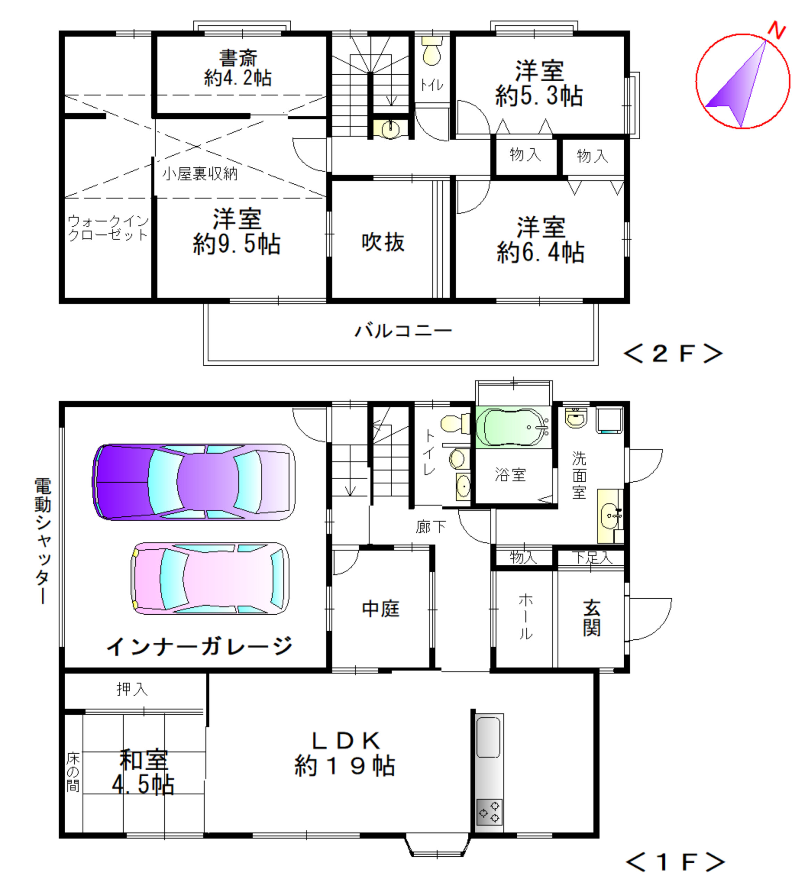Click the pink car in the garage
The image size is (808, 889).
coord(210,578)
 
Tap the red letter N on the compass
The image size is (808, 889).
coord(777,30)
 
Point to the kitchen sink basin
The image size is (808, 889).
coord(489,737)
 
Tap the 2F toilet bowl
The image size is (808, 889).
coord(432,51)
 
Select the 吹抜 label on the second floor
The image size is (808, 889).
coord(383,242)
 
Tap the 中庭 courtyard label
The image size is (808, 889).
coord(381,609)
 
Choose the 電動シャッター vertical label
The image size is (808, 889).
coord(43,541)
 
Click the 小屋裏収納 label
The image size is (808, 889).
coord(200,174)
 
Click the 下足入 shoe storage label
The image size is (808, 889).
coord(592,558)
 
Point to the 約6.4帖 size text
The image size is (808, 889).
coord(540,253)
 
